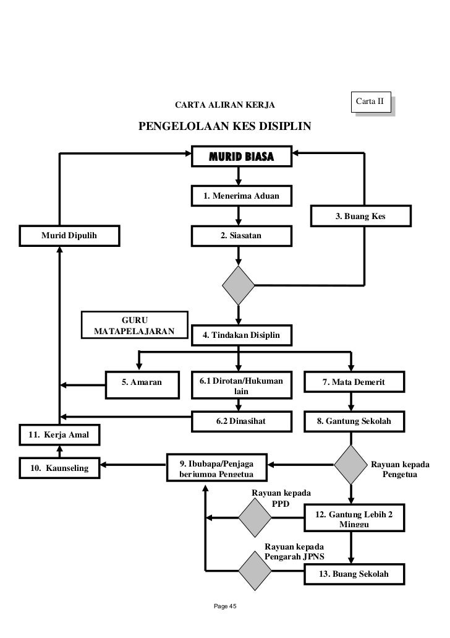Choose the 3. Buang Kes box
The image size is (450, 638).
point(360,216)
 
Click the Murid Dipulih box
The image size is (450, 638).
point(60,236)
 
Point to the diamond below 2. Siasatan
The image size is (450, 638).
point(239,285)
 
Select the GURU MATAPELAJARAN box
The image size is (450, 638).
point(134,325)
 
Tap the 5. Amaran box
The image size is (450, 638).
point(142,382)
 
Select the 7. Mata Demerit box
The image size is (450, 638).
point(353,382)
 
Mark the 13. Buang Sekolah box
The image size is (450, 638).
point(353,574)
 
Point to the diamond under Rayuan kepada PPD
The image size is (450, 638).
point(255,518)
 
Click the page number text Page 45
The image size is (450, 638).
point(224,605)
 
